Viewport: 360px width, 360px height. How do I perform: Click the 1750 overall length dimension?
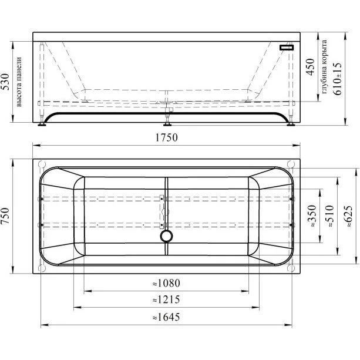pos(166,137)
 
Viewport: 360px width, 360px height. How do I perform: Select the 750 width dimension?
pos(5,216)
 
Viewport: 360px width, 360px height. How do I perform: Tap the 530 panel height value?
pos(5,82)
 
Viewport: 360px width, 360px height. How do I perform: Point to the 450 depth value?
pos(311,67)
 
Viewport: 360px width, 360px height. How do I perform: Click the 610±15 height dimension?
pos(337,79)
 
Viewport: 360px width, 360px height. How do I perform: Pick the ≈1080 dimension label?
pos(166,283)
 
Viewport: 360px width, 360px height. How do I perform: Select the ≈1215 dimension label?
pos(166,300)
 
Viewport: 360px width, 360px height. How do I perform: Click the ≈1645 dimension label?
pos(166,317)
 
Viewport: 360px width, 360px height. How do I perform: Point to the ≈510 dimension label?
pos(329,216)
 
